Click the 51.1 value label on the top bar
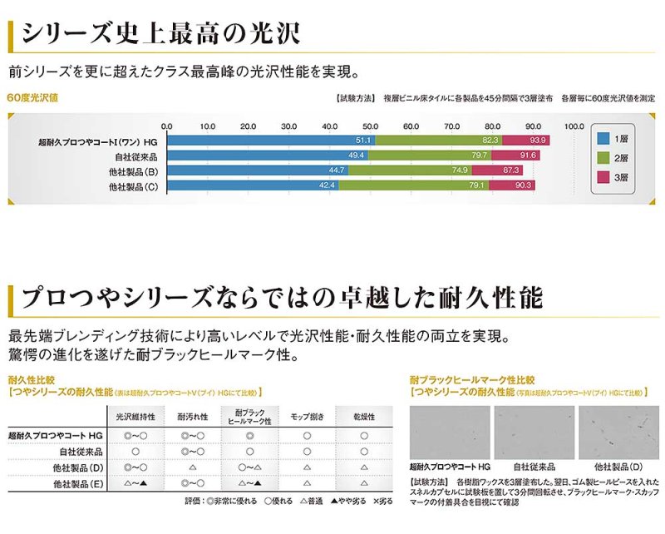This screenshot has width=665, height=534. click(362, 141)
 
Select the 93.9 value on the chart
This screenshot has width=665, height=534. click(537, 141)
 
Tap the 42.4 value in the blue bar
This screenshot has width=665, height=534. click(327, 185)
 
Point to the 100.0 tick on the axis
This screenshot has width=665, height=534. click(574, 126)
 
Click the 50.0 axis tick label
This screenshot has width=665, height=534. click(370, 126)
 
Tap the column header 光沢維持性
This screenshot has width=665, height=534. click(135, 415)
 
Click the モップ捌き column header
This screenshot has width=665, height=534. click(307, 415)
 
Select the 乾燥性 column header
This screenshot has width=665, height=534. click(364, 415)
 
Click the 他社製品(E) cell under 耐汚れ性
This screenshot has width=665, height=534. click(192, 482)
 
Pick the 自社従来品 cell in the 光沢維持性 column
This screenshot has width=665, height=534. click(135, 451)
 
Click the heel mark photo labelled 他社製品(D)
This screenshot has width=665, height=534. click(618, 433)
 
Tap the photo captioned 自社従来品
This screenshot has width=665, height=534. click(534, 433)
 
